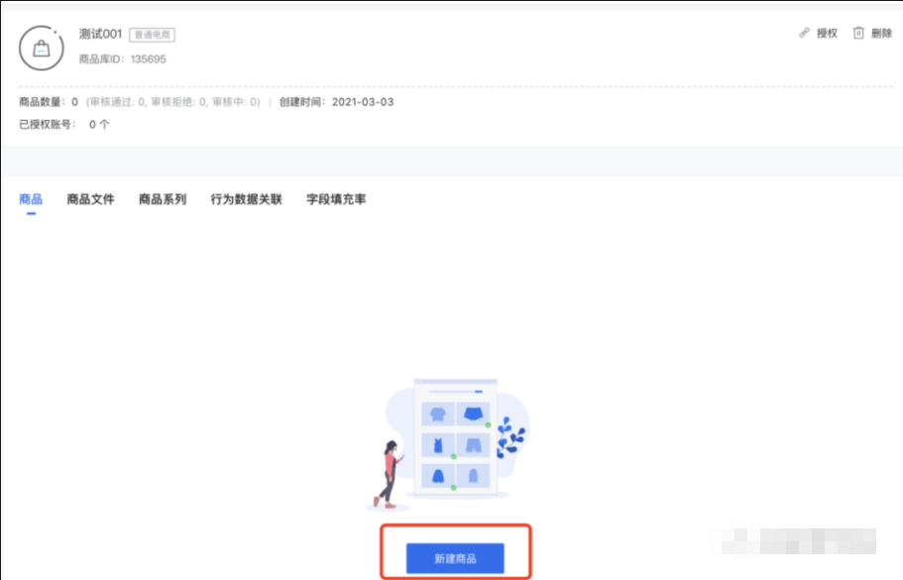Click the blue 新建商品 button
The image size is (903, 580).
coord(455,558)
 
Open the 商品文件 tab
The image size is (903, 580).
coord(90,199)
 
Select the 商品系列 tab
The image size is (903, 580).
coord(163,199)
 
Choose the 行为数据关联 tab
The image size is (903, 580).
coord(246,199)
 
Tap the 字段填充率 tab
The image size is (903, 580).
coord(336,199)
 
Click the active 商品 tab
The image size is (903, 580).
coord(31,199)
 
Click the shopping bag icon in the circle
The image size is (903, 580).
coord(42,48)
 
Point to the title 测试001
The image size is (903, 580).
coord(100,34)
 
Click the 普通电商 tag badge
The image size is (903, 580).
coord(152,35)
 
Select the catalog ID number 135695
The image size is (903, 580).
coord(149,59)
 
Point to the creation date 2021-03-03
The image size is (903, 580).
coord(363,102)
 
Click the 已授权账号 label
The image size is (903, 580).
coord(46,125)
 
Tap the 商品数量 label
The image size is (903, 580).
coord(42,102)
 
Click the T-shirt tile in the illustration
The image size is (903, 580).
coord(438,413)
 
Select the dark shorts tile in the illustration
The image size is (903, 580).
coord(473,413)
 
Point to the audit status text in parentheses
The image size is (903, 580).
coord(172,102)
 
